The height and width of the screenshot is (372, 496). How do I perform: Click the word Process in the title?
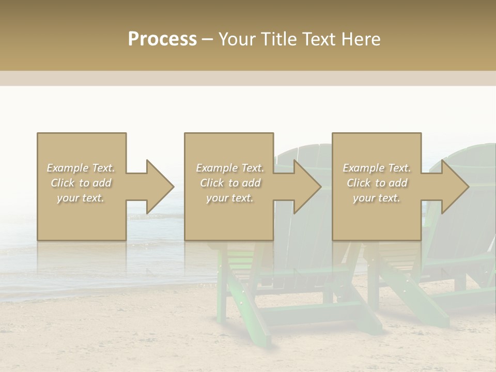[x=162, y=39]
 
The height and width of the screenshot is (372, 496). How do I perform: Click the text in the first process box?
[x=81, y=183]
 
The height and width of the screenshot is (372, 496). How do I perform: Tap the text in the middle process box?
[x=229, y=183]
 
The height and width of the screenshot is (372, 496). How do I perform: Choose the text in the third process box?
[x=377, y=183]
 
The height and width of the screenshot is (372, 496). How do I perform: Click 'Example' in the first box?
[x=67, y=168]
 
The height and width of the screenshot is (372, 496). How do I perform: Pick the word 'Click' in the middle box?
[x=211, y=183]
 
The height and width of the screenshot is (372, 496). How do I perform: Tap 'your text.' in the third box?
[x=377, y=198]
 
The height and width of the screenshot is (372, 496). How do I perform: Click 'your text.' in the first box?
[x=81, y=198]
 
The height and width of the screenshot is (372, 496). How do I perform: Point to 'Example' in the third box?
[x=363, y=168]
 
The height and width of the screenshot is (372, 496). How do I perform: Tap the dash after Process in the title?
[x=207, y=39]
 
